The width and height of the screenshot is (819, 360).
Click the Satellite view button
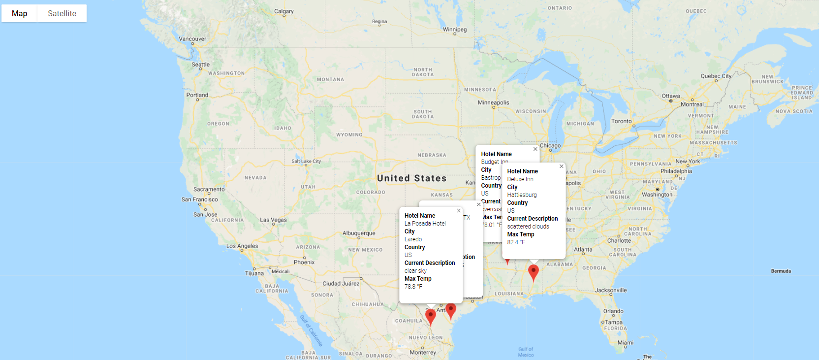(62, 13)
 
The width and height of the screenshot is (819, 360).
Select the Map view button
(20, 13)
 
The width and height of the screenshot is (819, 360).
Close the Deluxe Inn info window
(561, 166)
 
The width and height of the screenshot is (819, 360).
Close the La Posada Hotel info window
(459, 211)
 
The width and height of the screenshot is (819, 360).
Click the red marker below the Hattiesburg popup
(534, 272)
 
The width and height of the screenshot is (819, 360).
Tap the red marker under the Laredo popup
(431, 316)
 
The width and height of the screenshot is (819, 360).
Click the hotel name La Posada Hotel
(425, 224)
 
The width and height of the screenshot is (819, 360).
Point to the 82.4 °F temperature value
(516, 242)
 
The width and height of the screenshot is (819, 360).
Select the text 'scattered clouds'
(528, 227)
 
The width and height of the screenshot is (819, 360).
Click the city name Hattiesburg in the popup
(522, 195)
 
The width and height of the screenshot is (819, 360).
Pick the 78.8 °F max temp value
(413, 287)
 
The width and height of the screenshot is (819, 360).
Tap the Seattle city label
(200, 65)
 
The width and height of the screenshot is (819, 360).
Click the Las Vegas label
(273, 220)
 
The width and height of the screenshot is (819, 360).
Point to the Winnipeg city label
(454, 30)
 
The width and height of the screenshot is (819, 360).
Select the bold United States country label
(411, 178)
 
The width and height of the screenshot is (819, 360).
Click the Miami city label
(625, 343)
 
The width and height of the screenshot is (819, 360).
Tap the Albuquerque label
(359, 233)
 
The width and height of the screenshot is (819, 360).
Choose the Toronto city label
(621, 121)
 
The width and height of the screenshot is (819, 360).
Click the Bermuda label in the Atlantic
(781, 271)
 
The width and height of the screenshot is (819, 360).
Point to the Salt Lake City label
(306, 162)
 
